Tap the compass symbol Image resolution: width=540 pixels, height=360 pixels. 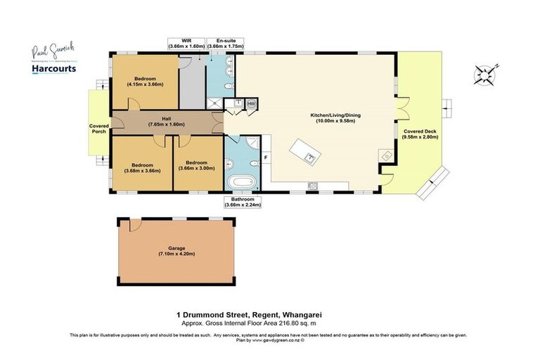[486, 75]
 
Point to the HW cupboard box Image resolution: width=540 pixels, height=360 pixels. [252, 103]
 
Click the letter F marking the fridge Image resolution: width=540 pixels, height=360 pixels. [266, 157]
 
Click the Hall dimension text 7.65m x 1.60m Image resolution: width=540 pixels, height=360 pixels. [166, 124]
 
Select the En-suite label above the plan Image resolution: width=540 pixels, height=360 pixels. [226, 41]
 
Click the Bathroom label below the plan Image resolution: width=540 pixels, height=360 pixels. [243, 200]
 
